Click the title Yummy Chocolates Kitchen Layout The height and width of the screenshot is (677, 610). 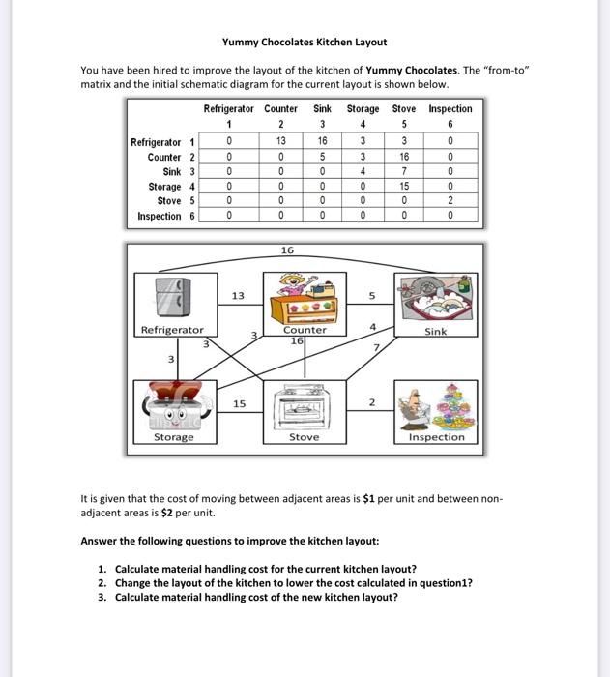pos(304,42)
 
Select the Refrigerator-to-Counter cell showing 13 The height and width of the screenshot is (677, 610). pos(279,142)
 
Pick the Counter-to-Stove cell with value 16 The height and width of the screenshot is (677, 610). pos(405,157)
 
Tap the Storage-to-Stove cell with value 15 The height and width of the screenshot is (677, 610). pos(405,187)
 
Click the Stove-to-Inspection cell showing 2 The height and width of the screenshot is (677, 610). pos(450,201)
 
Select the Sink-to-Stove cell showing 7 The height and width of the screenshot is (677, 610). pos(405,171)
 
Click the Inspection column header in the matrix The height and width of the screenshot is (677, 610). pos(450,109)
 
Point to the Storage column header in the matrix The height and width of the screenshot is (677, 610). pos(363,109)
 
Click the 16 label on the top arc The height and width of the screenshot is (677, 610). pos(287,250)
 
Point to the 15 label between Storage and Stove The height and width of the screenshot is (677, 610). pos(238,403)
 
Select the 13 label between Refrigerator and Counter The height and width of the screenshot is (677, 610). pos(238,296)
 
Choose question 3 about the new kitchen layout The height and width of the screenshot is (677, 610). pos(255,597)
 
